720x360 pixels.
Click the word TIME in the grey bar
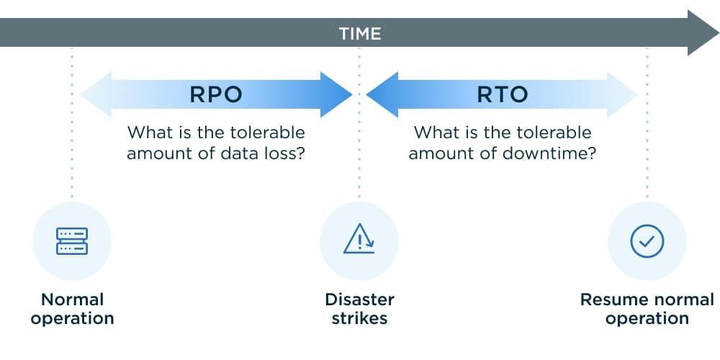(359, 33)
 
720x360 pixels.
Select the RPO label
(216, 94)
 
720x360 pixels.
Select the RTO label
(503, 94)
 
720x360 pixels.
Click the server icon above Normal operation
(72, 240)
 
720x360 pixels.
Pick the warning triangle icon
(359, 239)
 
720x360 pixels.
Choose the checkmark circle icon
(647, 240)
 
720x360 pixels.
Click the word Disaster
(359, 300)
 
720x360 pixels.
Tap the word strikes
(359, 318)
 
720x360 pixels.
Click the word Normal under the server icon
(72, 300)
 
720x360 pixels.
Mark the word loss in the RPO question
(279, 153)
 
